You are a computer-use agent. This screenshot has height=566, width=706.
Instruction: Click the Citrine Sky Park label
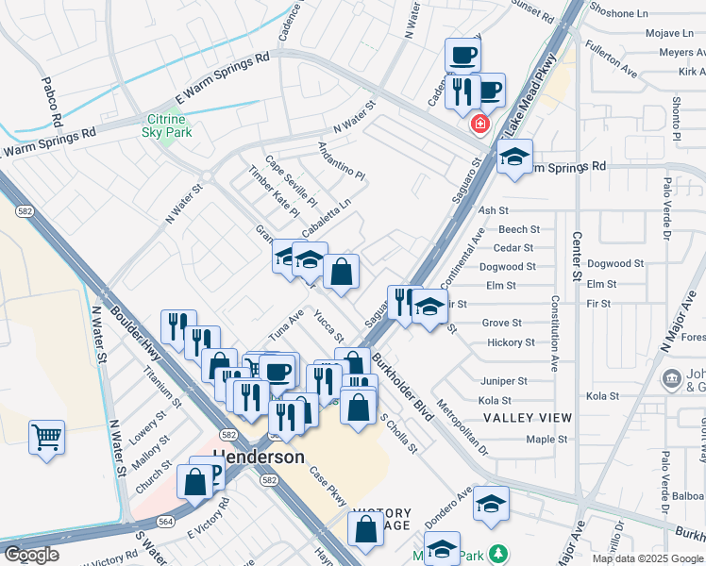(x=169, y=125)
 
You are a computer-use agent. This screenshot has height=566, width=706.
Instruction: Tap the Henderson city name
(x=259, y=457)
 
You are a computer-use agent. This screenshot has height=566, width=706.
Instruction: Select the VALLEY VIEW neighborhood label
(x=527, y=418)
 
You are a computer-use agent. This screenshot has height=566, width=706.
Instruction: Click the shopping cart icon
(x=46, y=438)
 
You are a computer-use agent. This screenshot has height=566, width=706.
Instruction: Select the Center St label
(x=575, y=256)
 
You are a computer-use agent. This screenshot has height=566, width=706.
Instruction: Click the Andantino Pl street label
(x=341, y=159)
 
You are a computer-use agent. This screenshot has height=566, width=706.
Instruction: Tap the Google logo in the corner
(x=31, y=555)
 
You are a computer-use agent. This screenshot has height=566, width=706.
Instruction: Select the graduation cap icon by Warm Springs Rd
(x=514, y=158)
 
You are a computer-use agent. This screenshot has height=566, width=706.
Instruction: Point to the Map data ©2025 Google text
(x=647, y=558)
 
